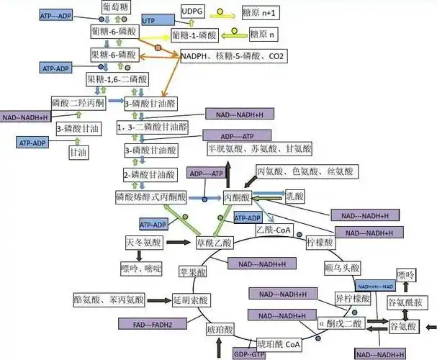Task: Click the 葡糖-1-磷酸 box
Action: [x=194, y=35]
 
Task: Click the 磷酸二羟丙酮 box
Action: [x=78, y=103]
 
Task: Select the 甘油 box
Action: [x=78, y=152]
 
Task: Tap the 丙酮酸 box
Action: [x=237, y=197]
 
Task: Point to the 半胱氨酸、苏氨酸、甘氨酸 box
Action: [x=260, y=148]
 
